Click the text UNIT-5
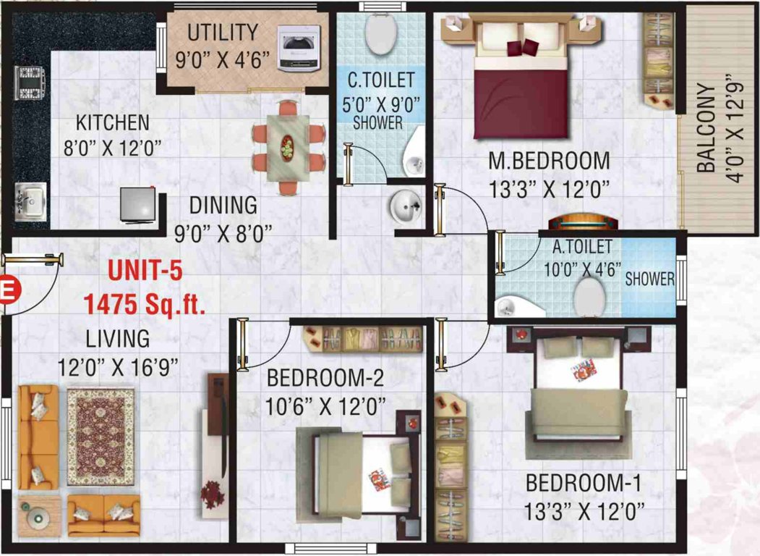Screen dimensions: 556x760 (145, 271)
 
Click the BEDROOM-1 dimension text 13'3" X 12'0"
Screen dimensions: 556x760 (584, 513)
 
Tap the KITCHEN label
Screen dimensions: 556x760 (113, 122)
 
